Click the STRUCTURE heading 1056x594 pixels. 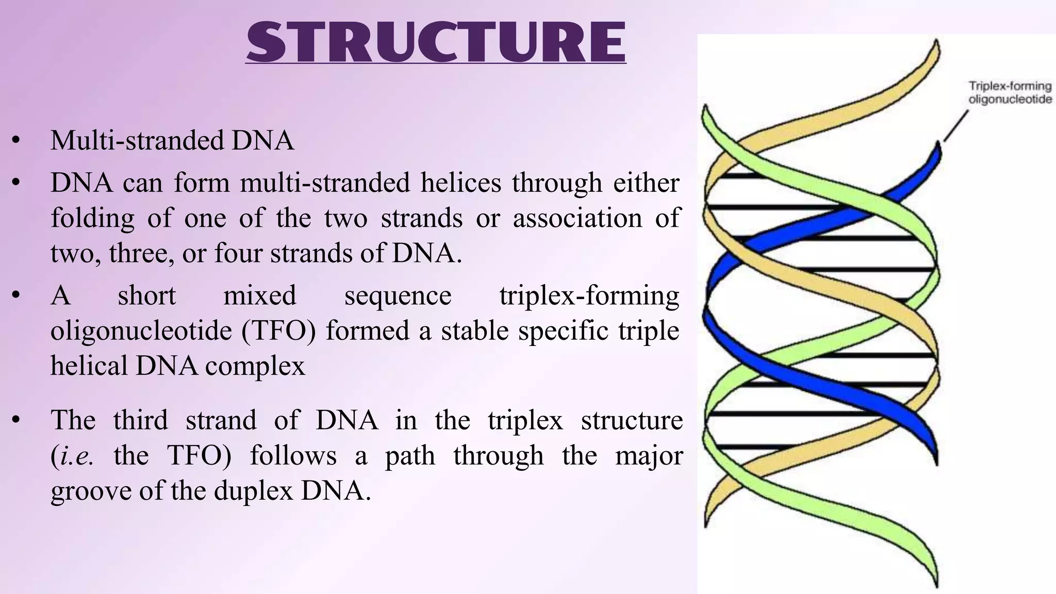click(436, 42)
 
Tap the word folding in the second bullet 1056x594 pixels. click(93, 218)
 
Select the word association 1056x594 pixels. click(577, 218)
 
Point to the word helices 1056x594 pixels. click(460, 183)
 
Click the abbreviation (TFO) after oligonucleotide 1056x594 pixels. click(278, 331)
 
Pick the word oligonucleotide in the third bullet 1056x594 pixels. click(141, 331)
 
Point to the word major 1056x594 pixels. click(649, 456)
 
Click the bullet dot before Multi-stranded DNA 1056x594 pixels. click(16, 141)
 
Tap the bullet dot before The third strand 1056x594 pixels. click(16, 421)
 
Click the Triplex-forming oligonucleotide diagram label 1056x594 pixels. click(1010, 93)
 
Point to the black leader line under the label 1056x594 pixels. click(955, 126)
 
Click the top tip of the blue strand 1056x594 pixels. click(937, 147)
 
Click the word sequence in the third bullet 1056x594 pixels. click(398, 296)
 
